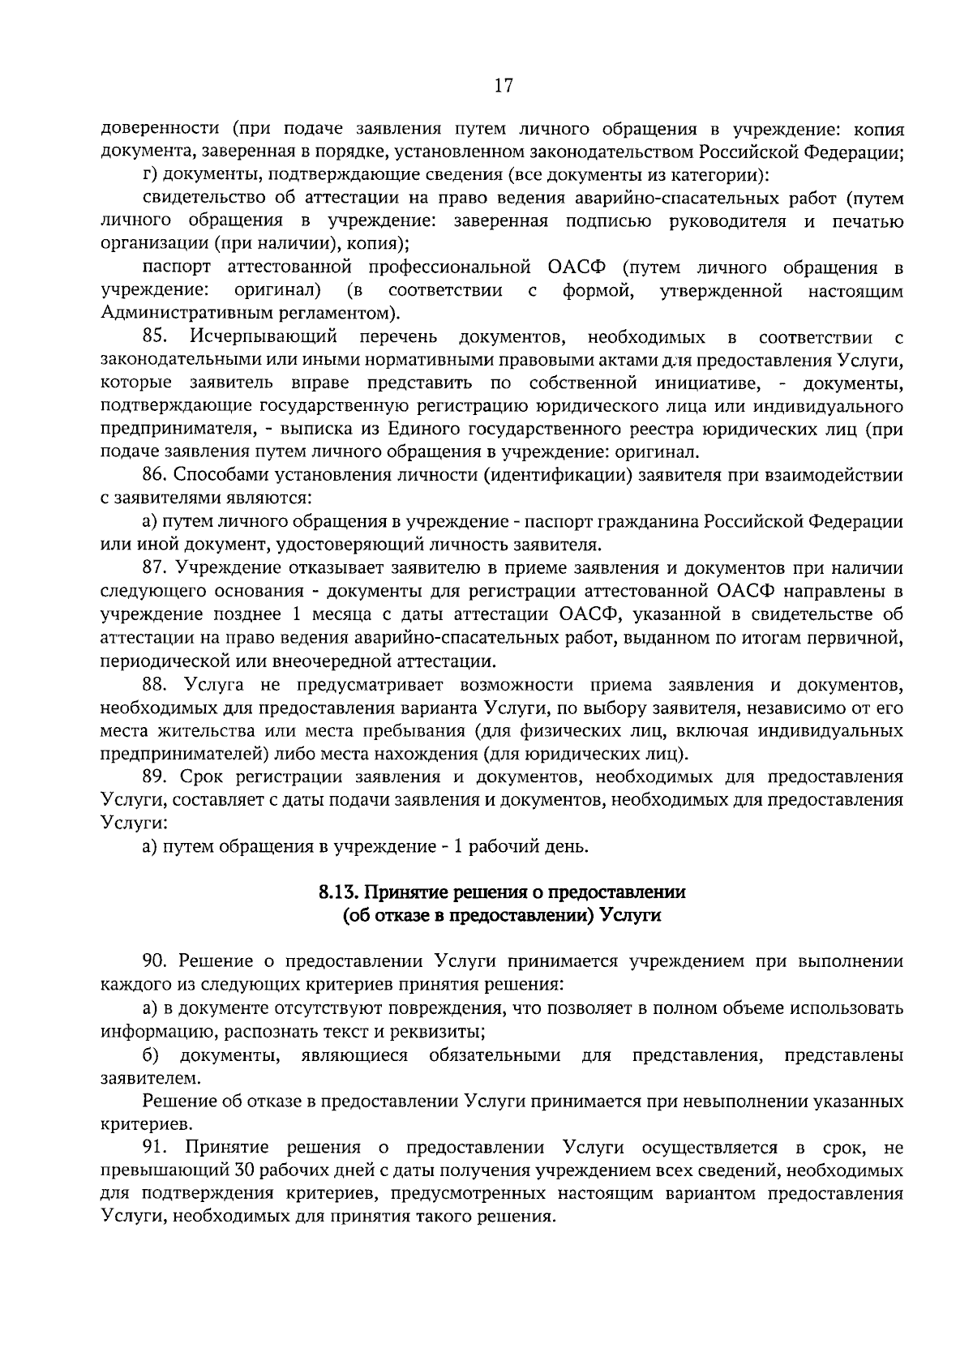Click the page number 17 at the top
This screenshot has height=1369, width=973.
coord(503,86)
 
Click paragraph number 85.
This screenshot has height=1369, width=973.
coord(154,336)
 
